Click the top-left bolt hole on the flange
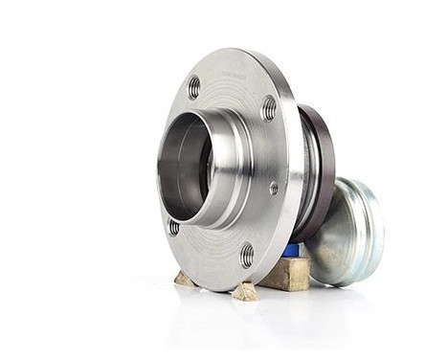click(x=194, y=87)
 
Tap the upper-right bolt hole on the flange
click(x=269, y=108)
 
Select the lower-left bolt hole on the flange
click(x=173, y=228)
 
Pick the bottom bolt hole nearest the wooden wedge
click(x=247, y=255)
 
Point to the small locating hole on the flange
click(x=274, y=189)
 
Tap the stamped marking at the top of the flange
click(x=234, y=72)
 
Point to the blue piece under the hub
click(x=291, y=251)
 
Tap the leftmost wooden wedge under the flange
click(x=184, y=279)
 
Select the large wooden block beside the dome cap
click(x=285, y=274)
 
